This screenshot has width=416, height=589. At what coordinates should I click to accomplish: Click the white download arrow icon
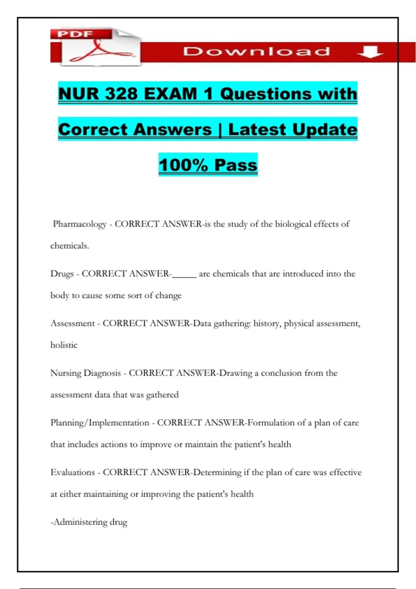point(370,52)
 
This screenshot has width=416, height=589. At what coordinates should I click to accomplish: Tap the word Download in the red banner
point(256,52)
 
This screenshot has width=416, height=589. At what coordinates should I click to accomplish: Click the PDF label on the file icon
point(75,34)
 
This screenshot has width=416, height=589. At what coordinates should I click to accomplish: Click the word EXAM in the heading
point(171,94)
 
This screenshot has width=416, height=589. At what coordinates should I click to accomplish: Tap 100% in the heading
point(183,165)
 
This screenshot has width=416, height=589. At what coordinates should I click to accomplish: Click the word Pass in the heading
point(236,165)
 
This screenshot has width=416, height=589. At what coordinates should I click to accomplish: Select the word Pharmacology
point(80,224)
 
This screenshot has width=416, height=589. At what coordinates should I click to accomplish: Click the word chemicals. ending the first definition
point(70,246)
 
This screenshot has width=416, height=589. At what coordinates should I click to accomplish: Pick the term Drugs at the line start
point(62,274)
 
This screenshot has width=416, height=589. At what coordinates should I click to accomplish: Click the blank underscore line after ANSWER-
point(184,276)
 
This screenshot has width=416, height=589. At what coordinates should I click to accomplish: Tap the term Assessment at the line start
point(72,323)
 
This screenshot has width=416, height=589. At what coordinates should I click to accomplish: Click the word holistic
point(64,345)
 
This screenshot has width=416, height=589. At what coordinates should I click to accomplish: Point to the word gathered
point(162,395)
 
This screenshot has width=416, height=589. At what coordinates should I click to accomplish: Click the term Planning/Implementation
point(100,423)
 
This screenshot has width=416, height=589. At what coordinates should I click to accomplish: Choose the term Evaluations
point(72,472)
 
